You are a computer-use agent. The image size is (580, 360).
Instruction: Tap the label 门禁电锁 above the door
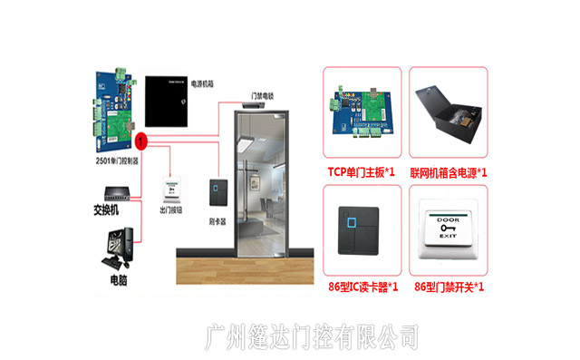263,94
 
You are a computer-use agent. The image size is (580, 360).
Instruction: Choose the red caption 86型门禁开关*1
449,287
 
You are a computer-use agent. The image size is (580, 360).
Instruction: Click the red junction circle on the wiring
140,141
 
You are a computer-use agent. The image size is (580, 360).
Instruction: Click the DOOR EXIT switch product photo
449,234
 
